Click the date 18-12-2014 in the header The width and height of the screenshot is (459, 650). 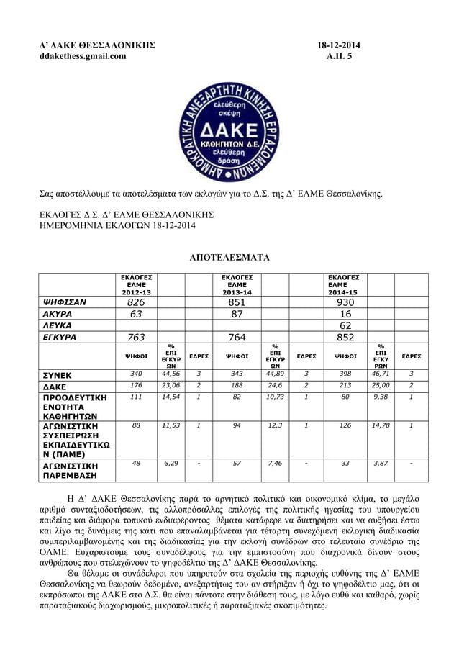339,45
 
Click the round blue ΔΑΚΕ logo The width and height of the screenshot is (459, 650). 229,130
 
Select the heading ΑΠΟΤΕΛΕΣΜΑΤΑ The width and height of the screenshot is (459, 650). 229,257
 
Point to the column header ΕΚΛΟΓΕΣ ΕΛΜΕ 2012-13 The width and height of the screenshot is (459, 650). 136,285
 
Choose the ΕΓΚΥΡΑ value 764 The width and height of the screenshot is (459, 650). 237,337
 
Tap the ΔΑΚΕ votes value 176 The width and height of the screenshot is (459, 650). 136,386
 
